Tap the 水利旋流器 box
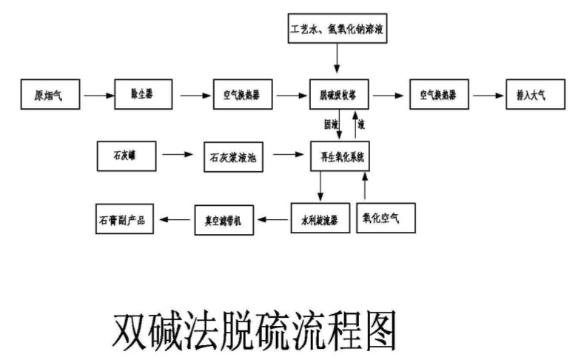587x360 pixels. coord(319,219)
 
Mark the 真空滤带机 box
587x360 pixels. coord(224,219)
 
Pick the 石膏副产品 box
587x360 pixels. coord(126,219)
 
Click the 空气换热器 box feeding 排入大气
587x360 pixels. coord(436,95)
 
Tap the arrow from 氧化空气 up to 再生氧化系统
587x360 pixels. coord(364,187)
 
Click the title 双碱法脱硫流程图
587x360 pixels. coord(255,329)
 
